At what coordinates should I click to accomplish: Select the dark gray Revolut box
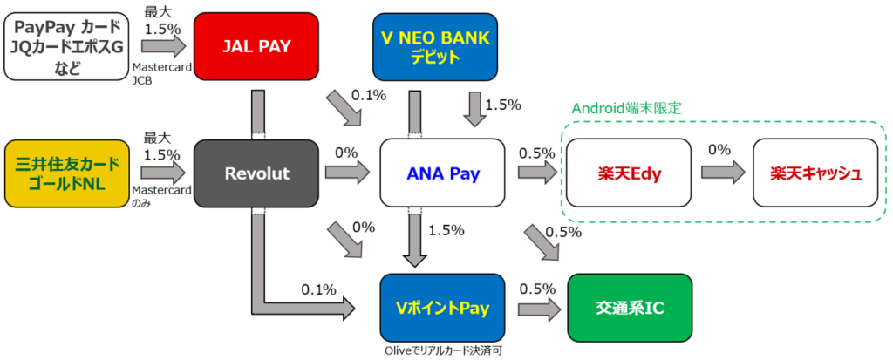point(256,173)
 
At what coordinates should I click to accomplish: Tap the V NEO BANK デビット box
point(435,45)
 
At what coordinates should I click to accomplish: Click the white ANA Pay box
point(444,173)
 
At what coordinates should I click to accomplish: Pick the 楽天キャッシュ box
point(815,173)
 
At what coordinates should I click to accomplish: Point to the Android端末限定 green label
point(625,109)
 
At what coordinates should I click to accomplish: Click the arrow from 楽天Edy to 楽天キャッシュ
point(722,173)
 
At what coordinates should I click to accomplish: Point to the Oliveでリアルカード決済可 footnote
point(442,350)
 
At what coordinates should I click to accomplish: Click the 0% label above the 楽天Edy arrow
point(720,151)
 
